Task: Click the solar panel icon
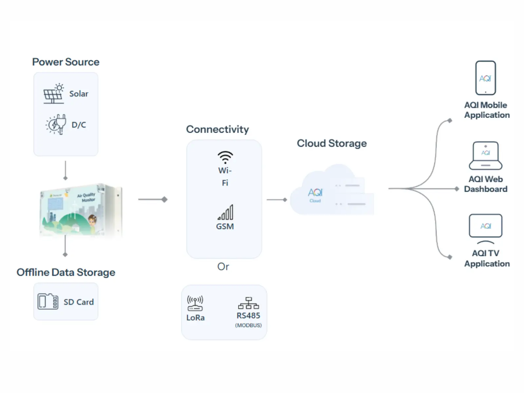point(54,94)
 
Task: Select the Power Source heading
point(65,62)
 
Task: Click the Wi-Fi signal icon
point(225,157)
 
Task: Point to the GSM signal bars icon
point(226,212)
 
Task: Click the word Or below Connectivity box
point(223,267)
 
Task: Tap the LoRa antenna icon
point(195,303)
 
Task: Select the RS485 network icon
point(248,303)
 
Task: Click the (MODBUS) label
point(248,325)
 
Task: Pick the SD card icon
point(48,301)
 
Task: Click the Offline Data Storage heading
point(66,272)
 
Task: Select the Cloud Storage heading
point(331,143)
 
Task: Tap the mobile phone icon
point(485,78)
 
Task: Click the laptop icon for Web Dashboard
point(485,156)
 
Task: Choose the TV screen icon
point(485,226)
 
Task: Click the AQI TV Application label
point(487,258)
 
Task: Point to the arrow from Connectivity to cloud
point(277,199)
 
